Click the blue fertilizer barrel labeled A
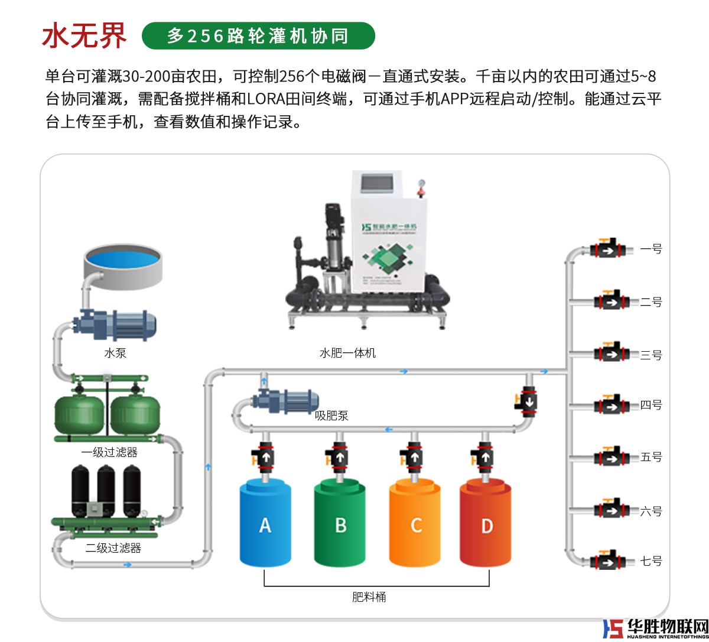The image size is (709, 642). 265,523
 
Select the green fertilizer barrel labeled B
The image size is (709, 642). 340,523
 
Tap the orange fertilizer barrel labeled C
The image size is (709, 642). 415,523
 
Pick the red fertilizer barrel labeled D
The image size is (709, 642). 486,523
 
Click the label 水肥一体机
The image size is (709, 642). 347,353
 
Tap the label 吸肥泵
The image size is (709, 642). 331,416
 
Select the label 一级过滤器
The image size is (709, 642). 109,452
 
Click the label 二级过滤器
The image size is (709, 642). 113,548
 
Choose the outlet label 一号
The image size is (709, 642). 651,249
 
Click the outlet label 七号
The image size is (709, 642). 651,560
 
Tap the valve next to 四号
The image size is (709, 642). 610,406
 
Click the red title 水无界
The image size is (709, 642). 84,35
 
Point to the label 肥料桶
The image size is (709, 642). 369,596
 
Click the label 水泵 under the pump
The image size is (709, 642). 115,353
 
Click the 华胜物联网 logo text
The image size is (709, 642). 668,627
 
